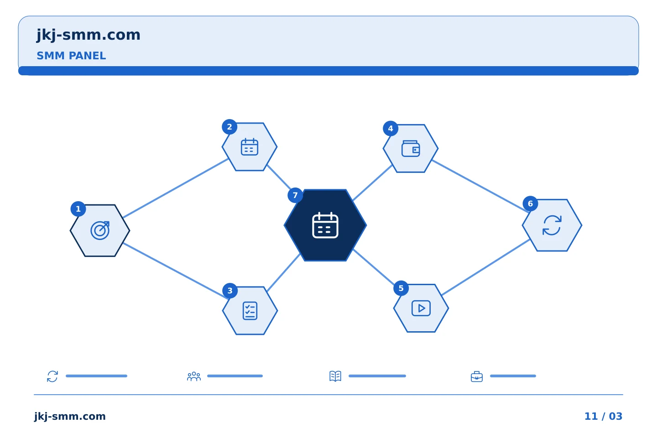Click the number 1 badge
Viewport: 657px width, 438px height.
[x=78, y=209]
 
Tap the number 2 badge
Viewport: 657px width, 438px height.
[x=229, y=127]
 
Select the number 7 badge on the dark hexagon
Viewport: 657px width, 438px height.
[x=295, y=195]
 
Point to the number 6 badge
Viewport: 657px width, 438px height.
[x=530, y=203]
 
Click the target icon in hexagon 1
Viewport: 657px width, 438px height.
[x=100, y=230]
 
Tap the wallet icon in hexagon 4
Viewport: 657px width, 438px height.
[x=411, y=148]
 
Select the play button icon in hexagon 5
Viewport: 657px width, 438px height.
[x=421, y=308]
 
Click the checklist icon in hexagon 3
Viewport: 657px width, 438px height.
[x=250, y=310]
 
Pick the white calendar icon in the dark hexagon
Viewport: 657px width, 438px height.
[x=325, y=225]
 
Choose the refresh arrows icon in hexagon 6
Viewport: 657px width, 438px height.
[x=552, y=225]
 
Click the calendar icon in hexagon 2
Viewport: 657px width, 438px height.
[x=249, y=146]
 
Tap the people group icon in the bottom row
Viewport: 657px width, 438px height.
[x=193, y=376]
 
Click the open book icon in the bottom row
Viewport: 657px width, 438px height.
[x=335, y=376]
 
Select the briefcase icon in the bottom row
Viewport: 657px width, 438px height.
[x=477, y=376]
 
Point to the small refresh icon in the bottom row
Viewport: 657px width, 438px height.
[x=52, y=376]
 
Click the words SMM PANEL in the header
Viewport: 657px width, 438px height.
[x=71, y=56]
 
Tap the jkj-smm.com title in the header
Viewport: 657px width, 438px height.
[x=89, y=35]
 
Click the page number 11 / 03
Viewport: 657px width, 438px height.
[x=603, y=416]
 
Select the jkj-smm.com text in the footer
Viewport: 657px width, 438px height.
[x=70, y=416]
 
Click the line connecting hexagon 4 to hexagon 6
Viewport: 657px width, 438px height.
[x=480, y=186]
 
